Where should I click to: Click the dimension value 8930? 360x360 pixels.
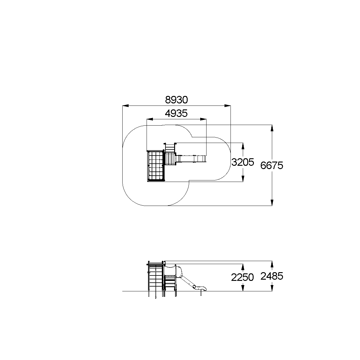coord(176,100)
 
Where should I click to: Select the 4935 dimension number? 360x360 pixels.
coord(176,113)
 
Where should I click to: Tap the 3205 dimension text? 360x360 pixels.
coord(243,162)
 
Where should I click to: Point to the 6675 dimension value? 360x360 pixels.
coord(272,165)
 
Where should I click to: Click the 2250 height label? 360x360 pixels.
coord(242,277)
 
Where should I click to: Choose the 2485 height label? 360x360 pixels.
coord(272,276)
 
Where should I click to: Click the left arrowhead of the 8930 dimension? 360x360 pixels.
coord(126,106)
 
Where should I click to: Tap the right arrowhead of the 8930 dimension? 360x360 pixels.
coord(227,106)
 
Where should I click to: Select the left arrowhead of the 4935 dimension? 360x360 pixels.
coord(150,119)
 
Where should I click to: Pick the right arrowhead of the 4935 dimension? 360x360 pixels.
coord(203,119)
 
